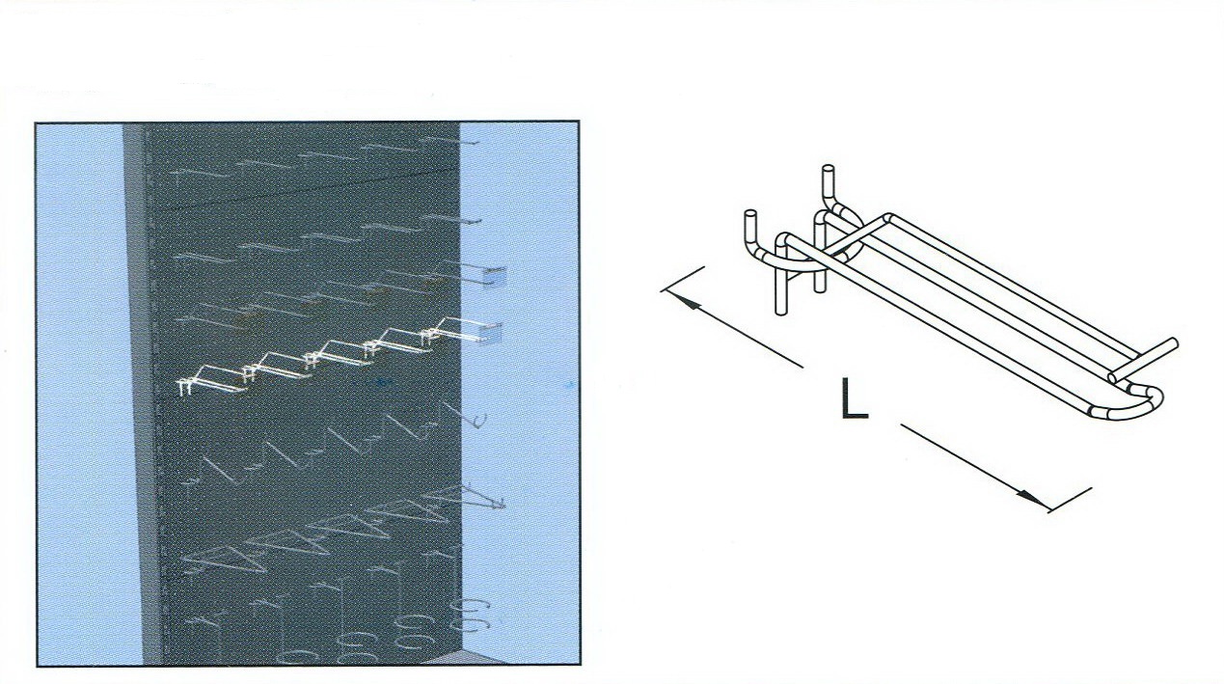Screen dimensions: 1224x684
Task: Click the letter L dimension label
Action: [855, 398]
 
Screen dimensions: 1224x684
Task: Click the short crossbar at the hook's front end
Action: [1143, 360]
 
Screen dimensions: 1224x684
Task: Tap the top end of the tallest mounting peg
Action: [829, 169]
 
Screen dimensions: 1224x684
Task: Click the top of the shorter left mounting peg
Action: [750, 214]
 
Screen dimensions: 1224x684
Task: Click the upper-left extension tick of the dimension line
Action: [683, 279]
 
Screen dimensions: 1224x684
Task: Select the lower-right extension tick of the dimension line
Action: [1070, 500]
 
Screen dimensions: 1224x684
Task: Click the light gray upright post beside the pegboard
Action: [135, 394]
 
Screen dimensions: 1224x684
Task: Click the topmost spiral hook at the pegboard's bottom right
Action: [471, 605]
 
